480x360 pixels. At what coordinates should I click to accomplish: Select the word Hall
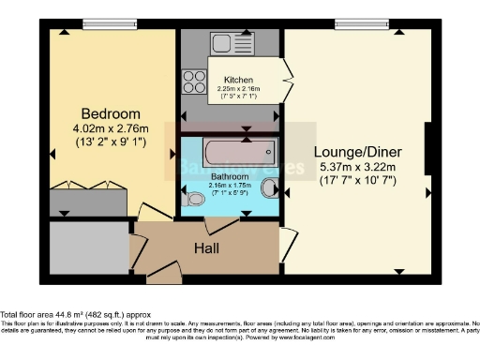coord(207,248)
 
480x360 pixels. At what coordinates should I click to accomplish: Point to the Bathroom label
coord(229,175)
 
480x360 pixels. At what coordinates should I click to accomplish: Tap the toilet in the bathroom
coord(195,198)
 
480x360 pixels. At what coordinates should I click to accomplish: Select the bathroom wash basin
coord(270,187)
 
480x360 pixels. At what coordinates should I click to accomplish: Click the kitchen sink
coord(232,43)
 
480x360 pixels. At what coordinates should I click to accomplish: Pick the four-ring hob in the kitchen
coord(194,82)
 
